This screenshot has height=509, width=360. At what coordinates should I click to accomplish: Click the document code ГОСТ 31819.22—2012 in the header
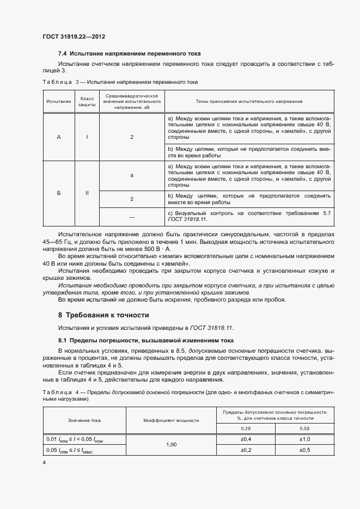pyautogui.click(x=74, y=36)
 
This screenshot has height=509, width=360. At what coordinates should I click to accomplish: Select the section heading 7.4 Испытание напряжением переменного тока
pyautogui.click(x=130, y=53)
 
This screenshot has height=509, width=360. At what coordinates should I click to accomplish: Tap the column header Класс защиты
pyautogui.click(x=87, y=101)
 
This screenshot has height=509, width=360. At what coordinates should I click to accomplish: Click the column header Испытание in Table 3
pyautogui.click(x=58, y=101)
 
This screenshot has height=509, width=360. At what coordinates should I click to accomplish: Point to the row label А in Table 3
pyautogui.click(x=58, y=137)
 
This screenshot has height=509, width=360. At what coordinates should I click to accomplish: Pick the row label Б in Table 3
pyautogui.click(x=58, y=192)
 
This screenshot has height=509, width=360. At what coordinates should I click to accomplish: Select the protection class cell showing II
pyautogui.click(x=87, y=192)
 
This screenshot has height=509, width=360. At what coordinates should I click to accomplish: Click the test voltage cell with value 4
pyautogui.click(x=132, y=176)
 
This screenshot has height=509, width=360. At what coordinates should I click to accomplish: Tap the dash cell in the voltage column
pyautogui.click(x=132, y=216)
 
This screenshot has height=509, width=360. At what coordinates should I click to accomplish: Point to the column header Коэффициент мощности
pyautogui.click(x=171, y=420)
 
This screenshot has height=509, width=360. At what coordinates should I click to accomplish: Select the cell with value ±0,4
pyautogui.click(x=245, y=439)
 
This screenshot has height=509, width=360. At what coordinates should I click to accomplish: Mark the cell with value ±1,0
pyautogui.click(x=304, y=439)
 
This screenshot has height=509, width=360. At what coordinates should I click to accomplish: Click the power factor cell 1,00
pyautogui.click(x=171, y=445)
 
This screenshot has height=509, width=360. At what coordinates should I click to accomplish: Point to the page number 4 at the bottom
pyautogui.click(x=44, y=463)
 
